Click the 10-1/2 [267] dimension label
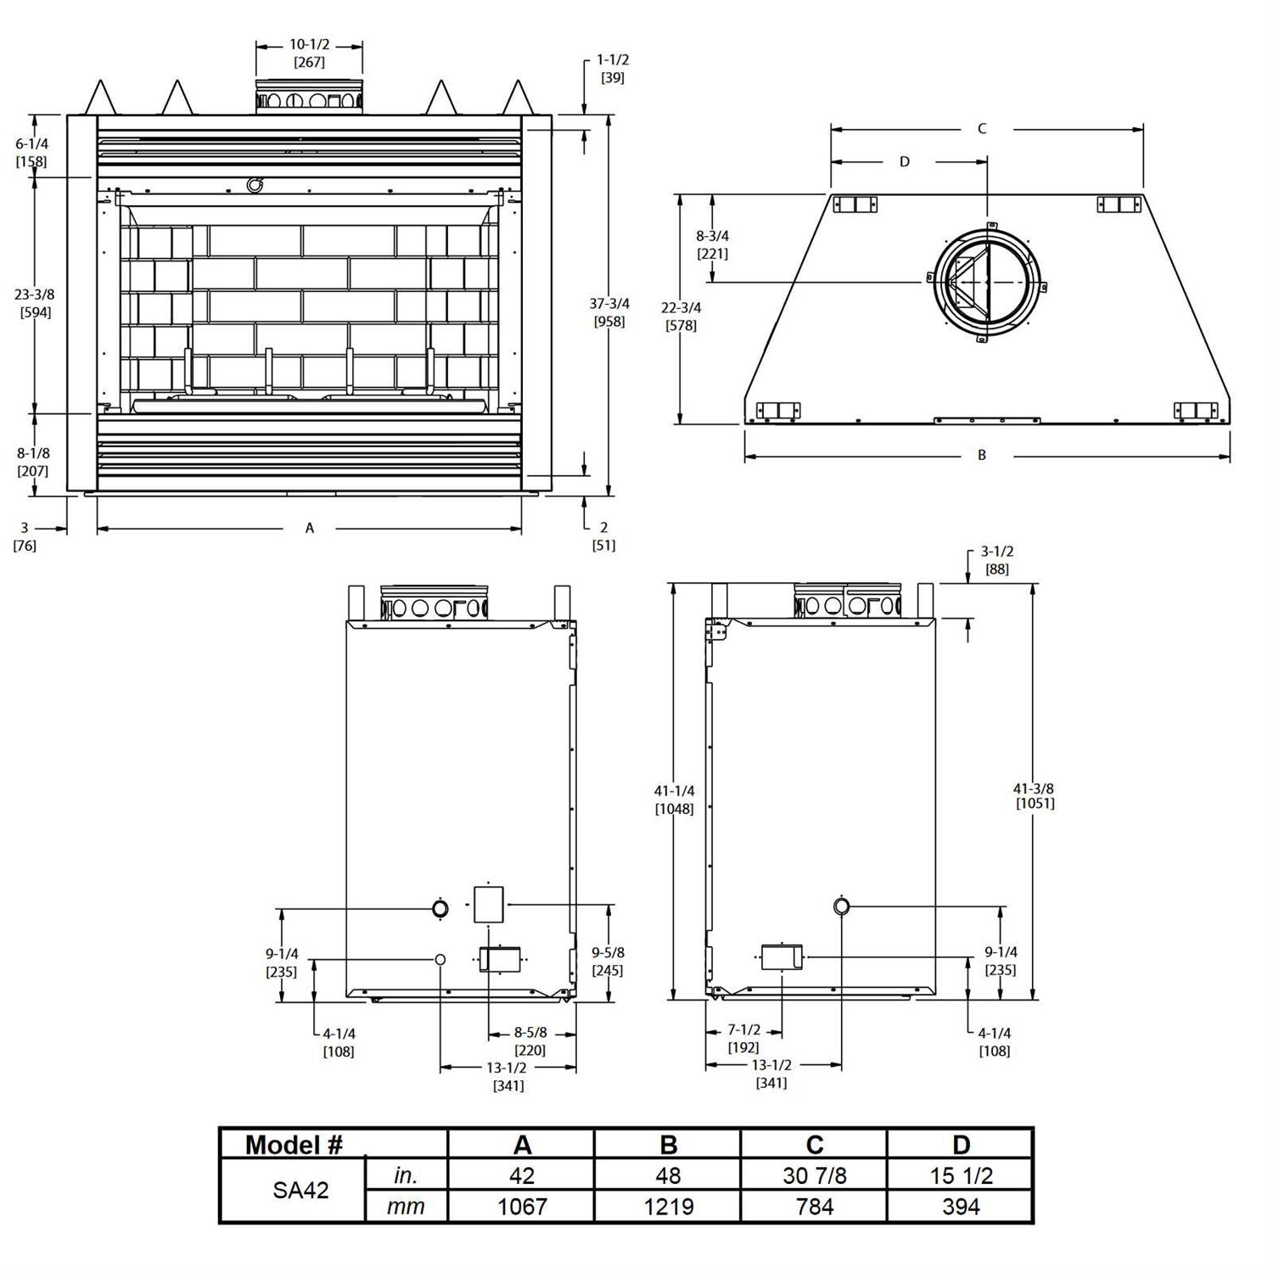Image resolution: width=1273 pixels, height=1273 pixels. pos(309,53)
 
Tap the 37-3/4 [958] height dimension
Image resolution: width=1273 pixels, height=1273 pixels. pos(609,312)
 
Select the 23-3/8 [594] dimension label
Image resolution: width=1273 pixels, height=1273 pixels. pos(35,303)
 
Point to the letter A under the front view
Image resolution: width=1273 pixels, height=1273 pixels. pos(310,529)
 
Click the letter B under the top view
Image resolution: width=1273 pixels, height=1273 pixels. pos(982,456)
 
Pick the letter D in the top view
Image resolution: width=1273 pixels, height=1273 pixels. pos(905,161)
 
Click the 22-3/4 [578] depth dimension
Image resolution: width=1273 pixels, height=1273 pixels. pos(681,317)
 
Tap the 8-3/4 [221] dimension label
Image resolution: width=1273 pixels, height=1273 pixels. pos(712,244)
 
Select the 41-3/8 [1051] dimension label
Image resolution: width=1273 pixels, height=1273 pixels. pos(1034,795)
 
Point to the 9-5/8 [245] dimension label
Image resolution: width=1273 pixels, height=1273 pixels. pos(608,962)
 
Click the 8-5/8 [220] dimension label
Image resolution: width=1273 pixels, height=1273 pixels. pos(530,1041)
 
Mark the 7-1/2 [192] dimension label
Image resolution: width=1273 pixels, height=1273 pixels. pos(743,1039)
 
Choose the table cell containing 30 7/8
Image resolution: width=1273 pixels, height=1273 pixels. pos(815,1175)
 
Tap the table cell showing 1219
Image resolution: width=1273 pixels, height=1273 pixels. pos(669,1206)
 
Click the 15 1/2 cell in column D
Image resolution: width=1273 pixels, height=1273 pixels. pos(961,1175)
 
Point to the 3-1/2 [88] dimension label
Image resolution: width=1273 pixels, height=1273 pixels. pos(997,560)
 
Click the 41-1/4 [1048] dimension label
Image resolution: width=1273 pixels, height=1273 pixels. pos(674,799)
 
